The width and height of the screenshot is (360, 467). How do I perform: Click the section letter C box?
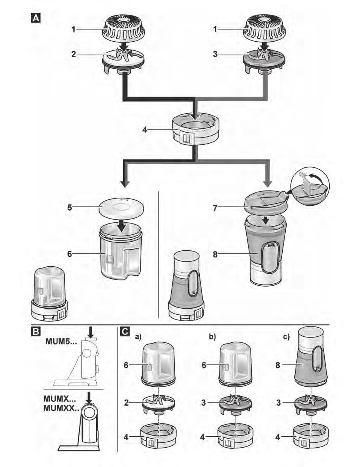coord(124,332)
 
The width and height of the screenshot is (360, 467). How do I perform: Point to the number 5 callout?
coord(69,208)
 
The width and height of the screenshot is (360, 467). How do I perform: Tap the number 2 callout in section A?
coord(74,54)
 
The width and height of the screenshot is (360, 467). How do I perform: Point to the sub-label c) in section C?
coord(287,336)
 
